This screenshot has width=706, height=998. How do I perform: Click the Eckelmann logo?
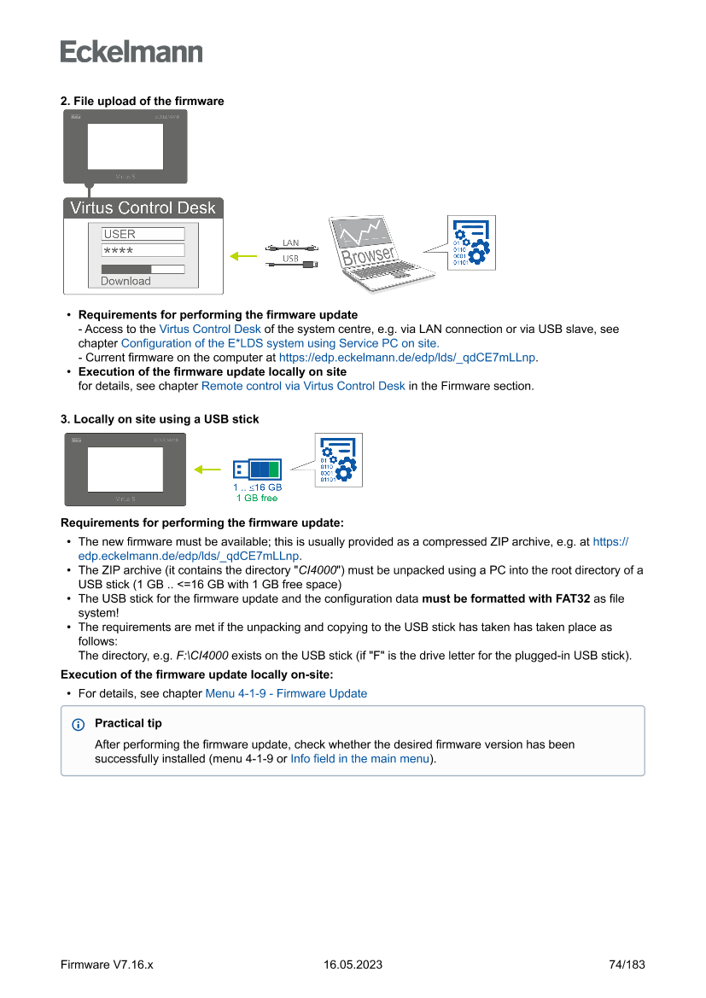131,51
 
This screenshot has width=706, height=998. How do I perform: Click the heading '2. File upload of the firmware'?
142,101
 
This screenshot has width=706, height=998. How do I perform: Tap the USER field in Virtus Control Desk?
143,234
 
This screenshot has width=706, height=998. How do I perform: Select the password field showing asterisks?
143,250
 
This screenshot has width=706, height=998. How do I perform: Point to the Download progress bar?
143,269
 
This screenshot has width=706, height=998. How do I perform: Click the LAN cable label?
291,243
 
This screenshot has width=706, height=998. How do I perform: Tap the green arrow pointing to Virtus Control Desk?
244,254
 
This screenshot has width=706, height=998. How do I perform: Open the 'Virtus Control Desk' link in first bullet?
211,329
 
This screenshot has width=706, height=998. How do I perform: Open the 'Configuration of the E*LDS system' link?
280,343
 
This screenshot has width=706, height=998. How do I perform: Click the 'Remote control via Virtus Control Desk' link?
303,386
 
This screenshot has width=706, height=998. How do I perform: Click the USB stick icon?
257,469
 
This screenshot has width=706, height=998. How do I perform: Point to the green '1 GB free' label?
257,498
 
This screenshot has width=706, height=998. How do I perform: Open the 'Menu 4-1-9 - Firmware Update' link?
286,693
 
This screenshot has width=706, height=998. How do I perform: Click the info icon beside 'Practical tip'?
79,724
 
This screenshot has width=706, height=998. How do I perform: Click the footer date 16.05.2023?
353,965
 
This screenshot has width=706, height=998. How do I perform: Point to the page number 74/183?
627,965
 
